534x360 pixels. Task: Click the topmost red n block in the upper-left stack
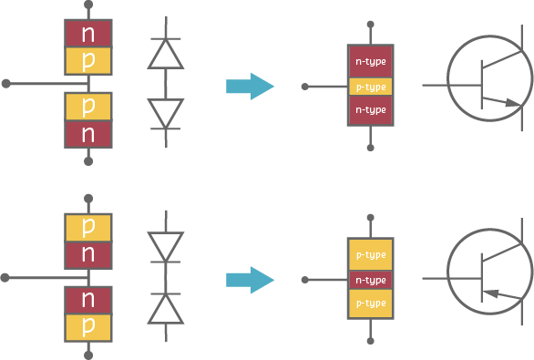tap(88, 33)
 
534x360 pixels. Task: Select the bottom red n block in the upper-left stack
tap(88, 134)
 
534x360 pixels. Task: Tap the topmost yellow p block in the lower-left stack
tap(88, 226)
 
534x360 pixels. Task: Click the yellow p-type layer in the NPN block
tap(371, 87)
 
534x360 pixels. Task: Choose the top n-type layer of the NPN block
tap(371, 62)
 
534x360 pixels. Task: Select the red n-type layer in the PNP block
tap(371, 280)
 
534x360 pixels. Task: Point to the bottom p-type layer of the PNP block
tap(371, 303)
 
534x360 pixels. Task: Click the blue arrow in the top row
tap(250, 87)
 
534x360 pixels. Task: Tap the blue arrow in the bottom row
tap(250, 279)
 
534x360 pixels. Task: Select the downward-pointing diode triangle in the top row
tap(165, 113)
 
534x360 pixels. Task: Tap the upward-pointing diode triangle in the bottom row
tap(165, 308)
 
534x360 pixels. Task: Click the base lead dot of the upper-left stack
tap(7, 83)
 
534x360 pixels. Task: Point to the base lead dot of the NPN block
tap(306, 87)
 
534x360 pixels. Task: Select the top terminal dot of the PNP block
tap(371, 217)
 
